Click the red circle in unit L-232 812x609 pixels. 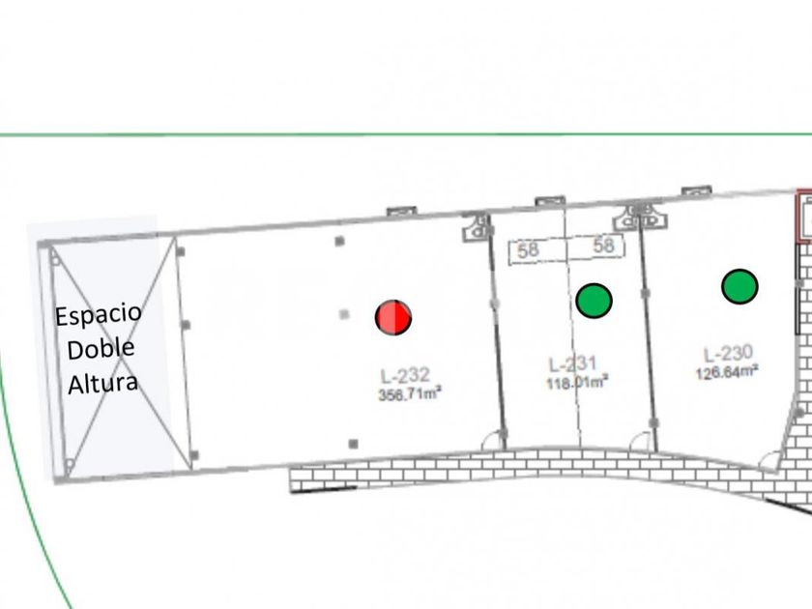click(x=393, y=316)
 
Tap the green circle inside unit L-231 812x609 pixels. click(x=594, y=300)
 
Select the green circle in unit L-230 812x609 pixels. click(x=739, y=285)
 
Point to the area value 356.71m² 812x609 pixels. click(x=410, y=393)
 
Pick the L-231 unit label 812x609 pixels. click(x=573, y=364)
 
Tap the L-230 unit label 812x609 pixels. click(x=727, y=354)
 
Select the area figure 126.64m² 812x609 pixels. click(x=727, y=371)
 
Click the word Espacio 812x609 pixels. click(x=98, y=315)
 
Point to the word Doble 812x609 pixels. click(x=101, y=349)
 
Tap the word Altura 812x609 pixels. click(x=101, y=383)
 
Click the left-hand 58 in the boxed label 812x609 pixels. click(x=528, y=250)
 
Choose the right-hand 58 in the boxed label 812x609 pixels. click(x=604, y=246)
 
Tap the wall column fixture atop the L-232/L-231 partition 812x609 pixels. click(x=477, y=228)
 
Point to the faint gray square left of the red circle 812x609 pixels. click(x=345, y=313)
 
